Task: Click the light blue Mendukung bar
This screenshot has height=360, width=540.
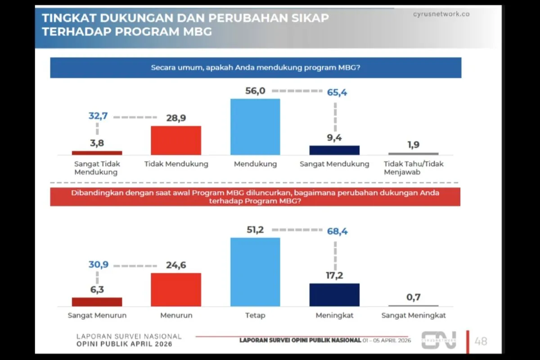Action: tap(255, 127)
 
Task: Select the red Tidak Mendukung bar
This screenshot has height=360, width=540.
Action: tap(175, 140)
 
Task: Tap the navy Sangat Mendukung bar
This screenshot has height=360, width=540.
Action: tap(334, 150)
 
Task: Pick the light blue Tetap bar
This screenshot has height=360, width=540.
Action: tap(255, 272)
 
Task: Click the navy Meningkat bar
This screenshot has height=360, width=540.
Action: tap(334, 295)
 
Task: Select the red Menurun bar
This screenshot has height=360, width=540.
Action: tap(175, 289)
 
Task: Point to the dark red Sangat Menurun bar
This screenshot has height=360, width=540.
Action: tap(97, 301)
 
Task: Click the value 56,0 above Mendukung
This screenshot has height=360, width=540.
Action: tap(255, 91)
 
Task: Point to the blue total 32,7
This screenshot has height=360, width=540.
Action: tap(98, 117)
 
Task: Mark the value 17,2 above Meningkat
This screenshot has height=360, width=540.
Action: tap(334, 275)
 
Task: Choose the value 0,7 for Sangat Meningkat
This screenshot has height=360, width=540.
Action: tap(413, 297)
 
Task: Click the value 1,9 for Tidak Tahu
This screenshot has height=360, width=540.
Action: tap(413, 145)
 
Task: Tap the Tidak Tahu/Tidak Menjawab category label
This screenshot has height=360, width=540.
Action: tap(413, 168)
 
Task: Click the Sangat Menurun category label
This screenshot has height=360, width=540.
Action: tap(97, 315)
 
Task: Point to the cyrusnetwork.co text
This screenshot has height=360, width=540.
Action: tap(441, 14)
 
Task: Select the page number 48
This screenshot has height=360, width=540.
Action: tap(481, 341)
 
